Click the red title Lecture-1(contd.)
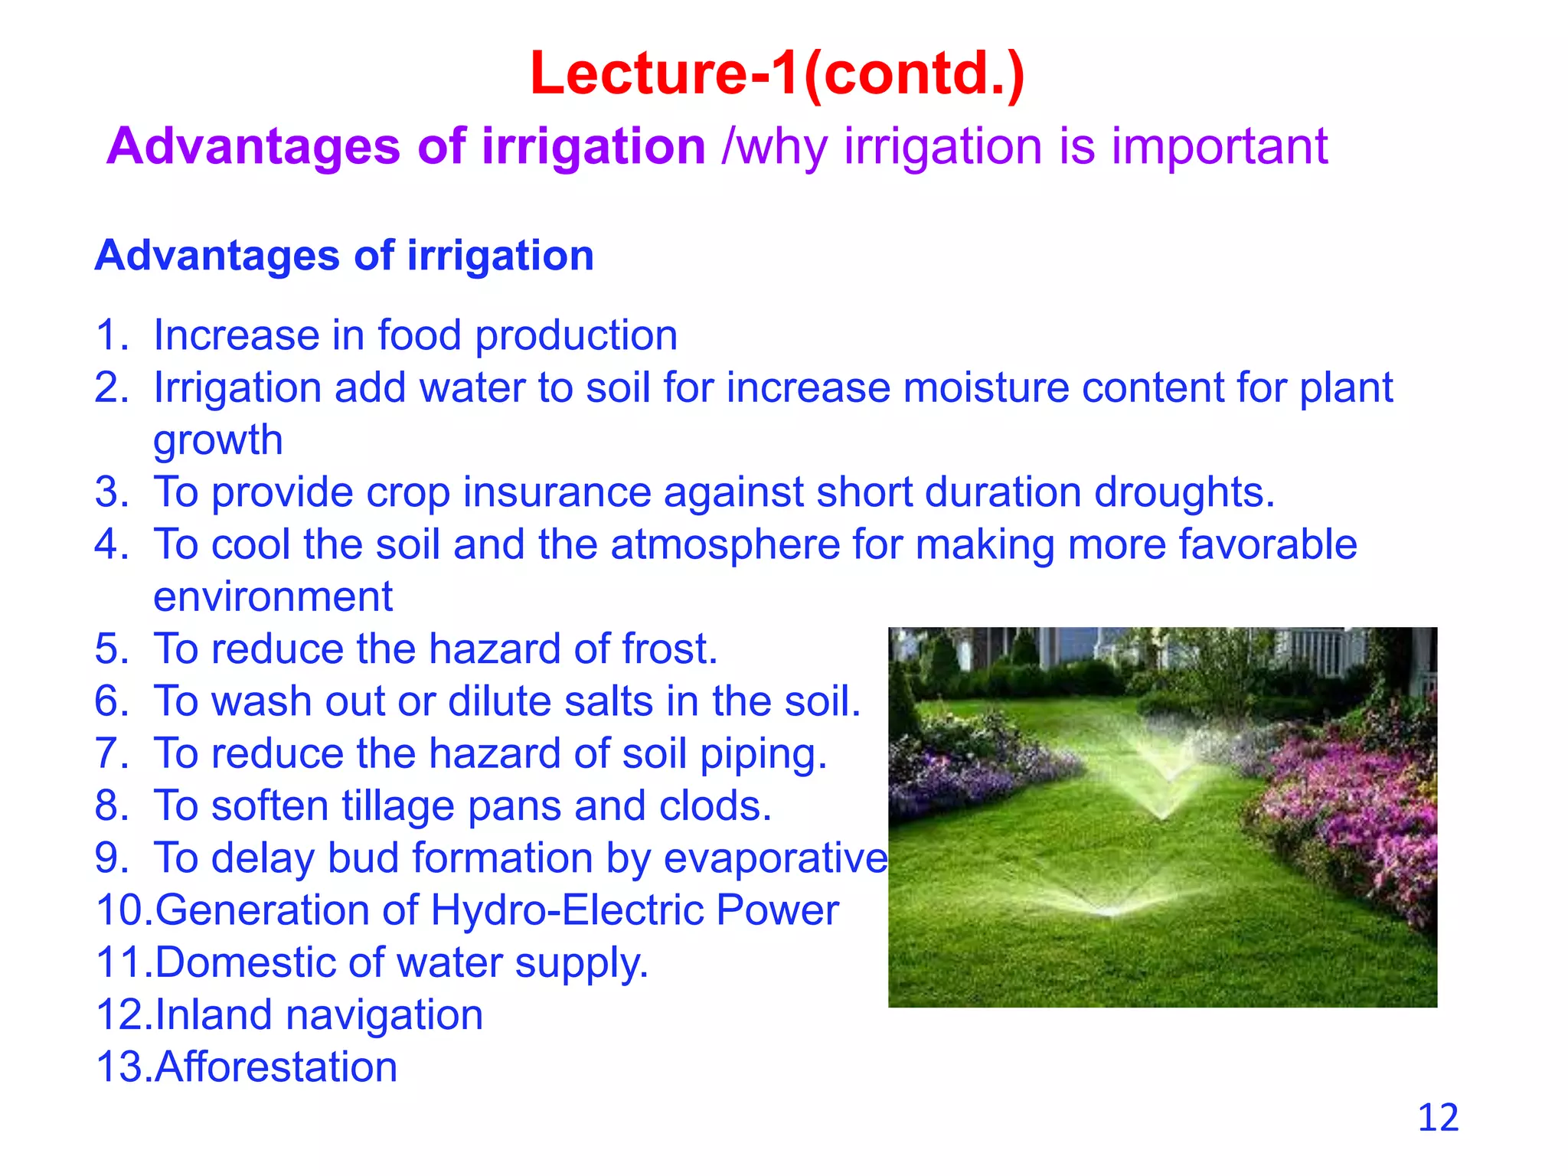(777, 74)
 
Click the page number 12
(1438, 1118)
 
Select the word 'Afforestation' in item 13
(276, 1067)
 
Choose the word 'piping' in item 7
(758, 755)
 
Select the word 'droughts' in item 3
(1179, 492)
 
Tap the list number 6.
(112, 701)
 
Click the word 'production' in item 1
(577, 336)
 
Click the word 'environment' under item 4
(273, 597)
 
